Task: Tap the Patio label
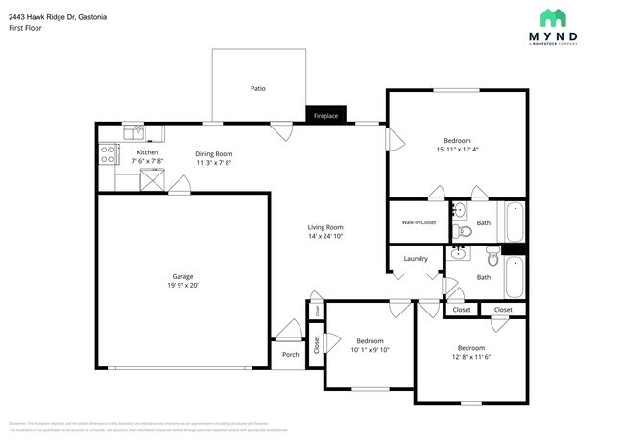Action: point(257,88)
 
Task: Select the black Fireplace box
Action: point(325,116)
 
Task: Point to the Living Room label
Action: point(325,227)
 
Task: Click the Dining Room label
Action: point(214,154)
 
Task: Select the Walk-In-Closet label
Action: point(419,222)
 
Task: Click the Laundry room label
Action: point(416,258)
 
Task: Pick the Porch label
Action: point(290,354)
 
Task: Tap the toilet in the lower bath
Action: point(492,256)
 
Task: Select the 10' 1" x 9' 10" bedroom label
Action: point(371,345)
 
